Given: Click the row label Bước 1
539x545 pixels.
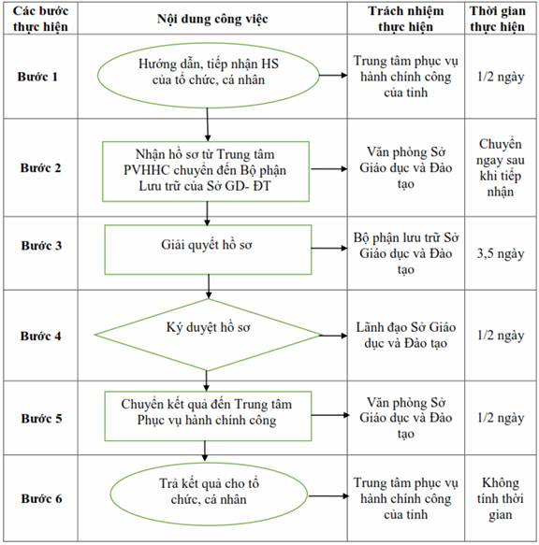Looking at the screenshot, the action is tap(37, 77).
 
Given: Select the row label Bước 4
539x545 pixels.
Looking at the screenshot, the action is tap(41, 337).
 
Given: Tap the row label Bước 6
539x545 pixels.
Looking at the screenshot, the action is tap(41, 498).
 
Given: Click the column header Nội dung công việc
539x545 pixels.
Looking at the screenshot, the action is tap(212, 19).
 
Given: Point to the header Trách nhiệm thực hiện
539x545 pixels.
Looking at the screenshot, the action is tap(406, 19).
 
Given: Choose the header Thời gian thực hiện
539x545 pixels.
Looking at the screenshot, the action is tap(498, 19).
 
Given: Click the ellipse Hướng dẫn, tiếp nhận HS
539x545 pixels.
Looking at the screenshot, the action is tap(208, 75).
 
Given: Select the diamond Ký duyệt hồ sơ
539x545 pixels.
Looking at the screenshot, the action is tap(208, 335).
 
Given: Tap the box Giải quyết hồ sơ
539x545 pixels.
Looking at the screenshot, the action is tap(208, 250).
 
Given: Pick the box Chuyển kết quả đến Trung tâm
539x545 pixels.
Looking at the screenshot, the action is tap(208, 416).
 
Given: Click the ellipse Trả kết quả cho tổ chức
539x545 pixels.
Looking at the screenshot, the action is tap(209, 495).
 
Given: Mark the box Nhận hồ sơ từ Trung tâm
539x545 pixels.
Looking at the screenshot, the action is tap(206, 171).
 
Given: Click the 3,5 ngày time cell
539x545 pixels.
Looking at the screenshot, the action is tap(501, 253).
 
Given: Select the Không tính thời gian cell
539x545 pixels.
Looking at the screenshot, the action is tap(501, 498).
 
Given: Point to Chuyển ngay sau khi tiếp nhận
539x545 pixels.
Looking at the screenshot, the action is tap(501, 168).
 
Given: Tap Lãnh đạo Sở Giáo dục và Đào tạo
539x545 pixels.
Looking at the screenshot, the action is tap(406, 335).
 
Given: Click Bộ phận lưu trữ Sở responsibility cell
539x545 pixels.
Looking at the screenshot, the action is tap(406, 253).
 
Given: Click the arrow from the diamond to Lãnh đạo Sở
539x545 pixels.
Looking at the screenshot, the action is tap(333, 336).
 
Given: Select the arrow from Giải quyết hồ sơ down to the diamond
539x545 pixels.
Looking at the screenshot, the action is tap(209, 286).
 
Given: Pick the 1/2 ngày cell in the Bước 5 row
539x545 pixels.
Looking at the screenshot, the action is tap(501, 418).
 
